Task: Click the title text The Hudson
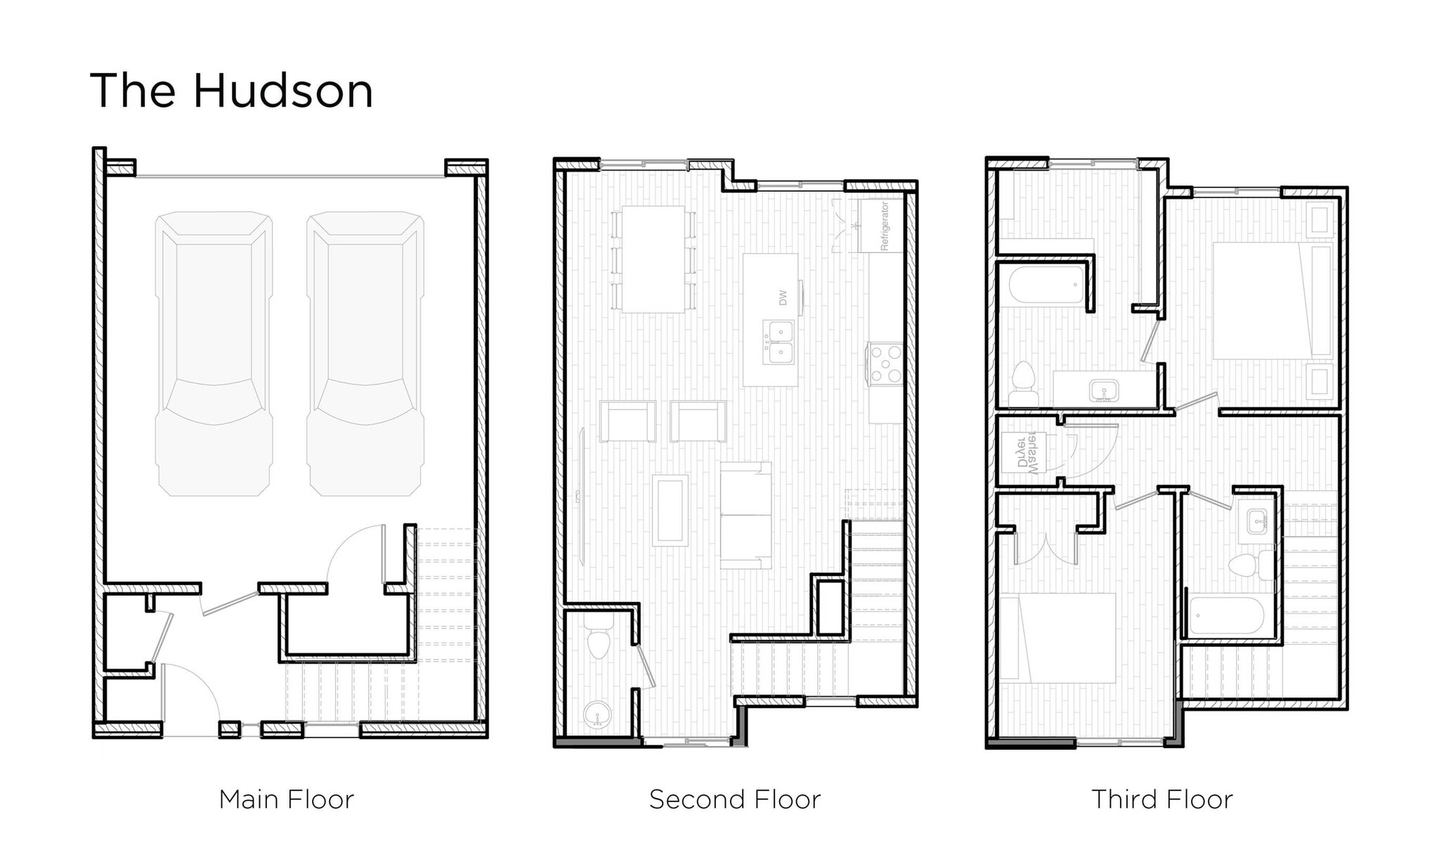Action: point(231,91)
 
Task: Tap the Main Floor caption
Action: point(286,799)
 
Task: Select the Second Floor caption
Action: point(734,799)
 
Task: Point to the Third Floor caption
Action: point(1161,799)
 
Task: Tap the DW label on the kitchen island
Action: point(783,297)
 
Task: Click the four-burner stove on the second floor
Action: point(885,364)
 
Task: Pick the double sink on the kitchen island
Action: point(779,342)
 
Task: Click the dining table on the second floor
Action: point(653,258)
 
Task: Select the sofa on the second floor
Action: point(746,515)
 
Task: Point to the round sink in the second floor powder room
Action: point(597,715)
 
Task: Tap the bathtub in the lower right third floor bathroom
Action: point(1227,616)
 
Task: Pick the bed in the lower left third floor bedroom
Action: point(1057,638)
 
